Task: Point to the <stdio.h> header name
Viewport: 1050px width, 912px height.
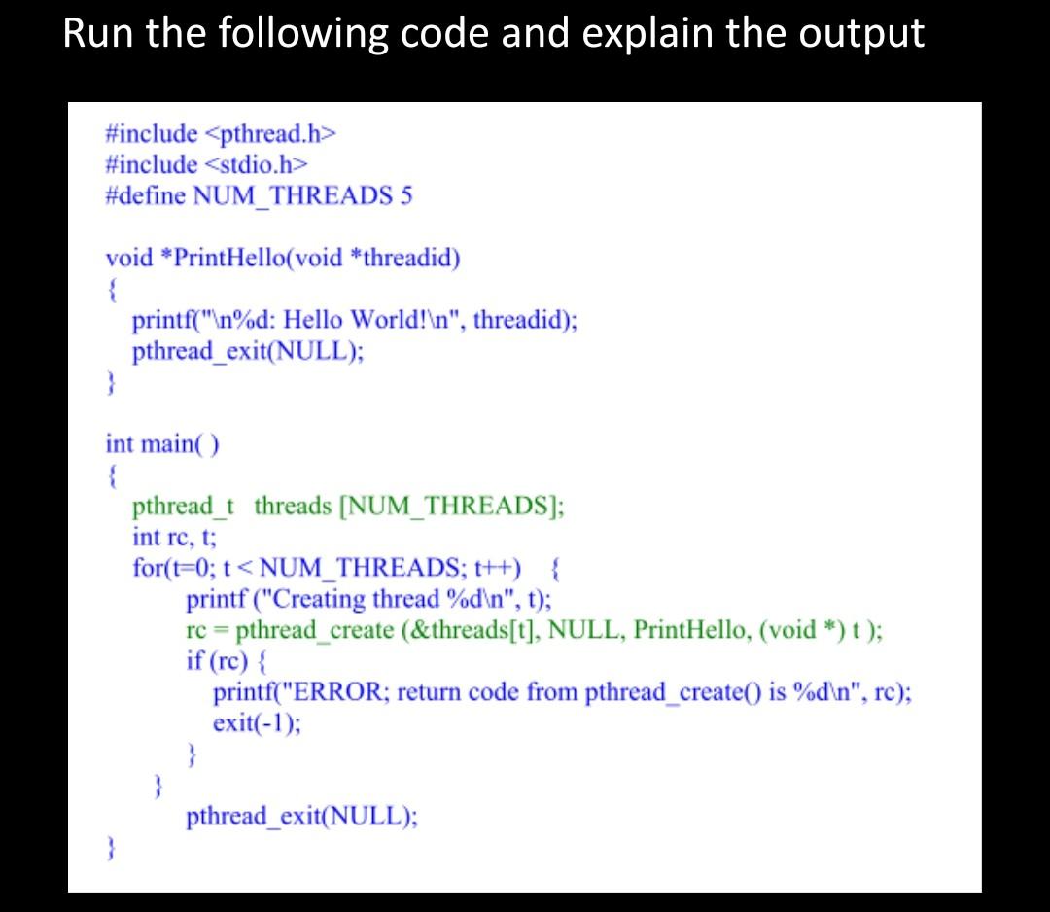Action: click(x=258, y=164)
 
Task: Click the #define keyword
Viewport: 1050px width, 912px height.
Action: click(x=146, y=195)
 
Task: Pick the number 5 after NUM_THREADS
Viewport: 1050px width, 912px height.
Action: click(x=405, y=195)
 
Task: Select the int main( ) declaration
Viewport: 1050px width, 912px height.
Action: click(x=162, y=444)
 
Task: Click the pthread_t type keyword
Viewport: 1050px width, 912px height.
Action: click(x=185, y=507)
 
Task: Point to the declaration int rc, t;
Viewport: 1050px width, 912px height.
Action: click(x=175, y=537)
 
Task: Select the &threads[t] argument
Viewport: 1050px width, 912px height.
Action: click(x=472, y=630)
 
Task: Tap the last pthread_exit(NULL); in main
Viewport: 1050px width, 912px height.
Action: click(x=302, y=816)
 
